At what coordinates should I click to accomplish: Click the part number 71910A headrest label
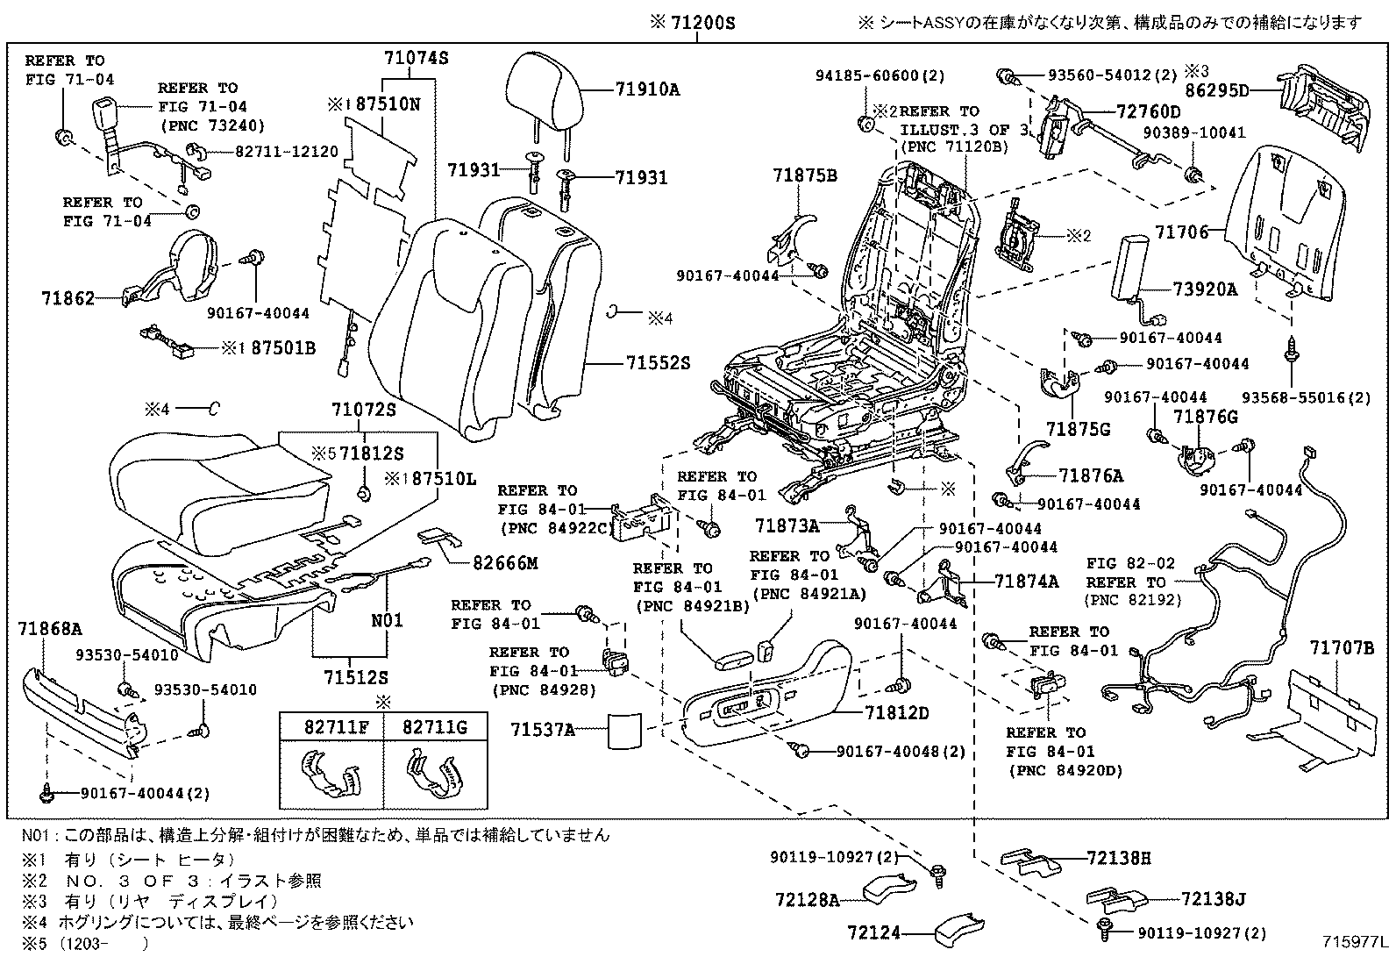[x=647, y=89]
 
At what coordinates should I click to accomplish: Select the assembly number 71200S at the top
[x=693, y=24]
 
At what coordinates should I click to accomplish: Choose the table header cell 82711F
[x=331, y=725]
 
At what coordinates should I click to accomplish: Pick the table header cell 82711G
[x=435, y=725]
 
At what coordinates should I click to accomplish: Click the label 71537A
[x=543, y=729]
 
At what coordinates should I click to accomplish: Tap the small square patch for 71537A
[x=625, y=730]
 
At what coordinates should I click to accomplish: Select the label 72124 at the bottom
[x=874, y=933]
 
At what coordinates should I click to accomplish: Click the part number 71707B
[x=1342, y=647]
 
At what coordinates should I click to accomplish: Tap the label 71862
[x=68, y=298]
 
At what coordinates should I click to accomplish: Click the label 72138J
[x=1213, y=899]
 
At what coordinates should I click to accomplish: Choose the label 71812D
[x=895, y=712]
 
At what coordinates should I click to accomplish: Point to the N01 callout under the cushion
[x=387, y=620]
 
